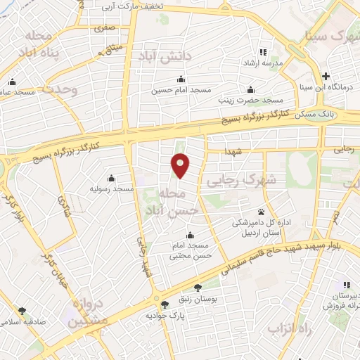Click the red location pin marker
(181, 166)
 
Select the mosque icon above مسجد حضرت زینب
(250, 89)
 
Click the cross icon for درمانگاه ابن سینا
(325, 76)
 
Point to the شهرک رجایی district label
(243, 180)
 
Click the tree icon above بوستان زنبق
(198, 286)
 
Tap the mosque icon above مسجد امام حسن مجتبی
(190, 236)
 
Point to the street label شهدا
(233, 152)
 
